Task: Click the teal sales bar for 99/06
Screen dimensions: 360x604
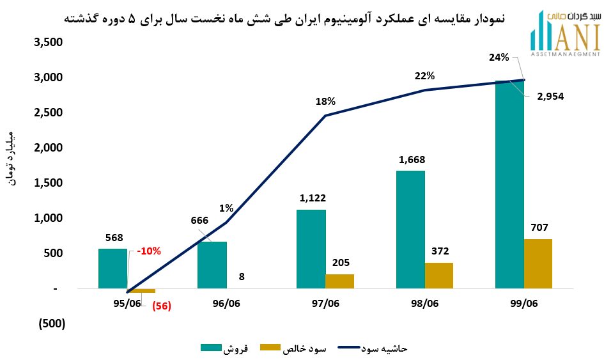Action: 509,185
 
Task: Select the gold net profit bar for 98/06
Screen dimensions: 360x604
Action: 439,276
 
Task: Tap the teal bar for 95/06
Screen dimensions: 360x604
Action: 112,269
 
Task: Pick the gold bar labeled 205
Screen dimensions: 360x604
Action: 339,281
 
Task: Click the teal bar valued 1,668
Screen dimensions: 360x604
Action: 410,230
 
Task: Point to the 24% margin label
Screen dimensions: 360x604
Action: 499,58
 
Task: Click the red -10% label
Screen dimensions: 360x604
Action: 149,251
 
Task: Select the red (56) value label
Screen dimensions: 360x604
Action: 161,306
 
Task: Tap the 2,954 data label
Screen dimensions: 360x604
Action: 550,97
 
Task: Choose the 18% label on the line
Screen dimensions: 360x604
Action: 325,101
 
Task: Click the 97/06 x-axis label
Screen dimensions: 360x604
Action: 325,304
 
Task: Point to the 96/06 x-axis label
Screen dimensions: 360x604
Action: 226,304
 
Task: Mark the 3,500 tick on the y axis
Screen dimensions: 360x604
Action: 49,43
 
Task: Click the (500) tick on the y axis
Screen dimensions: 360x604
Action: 50,324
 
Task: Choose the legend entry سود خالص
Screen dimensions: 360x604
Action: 295,348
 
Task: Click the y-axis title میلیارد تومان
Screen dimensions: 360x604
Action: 16,160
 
